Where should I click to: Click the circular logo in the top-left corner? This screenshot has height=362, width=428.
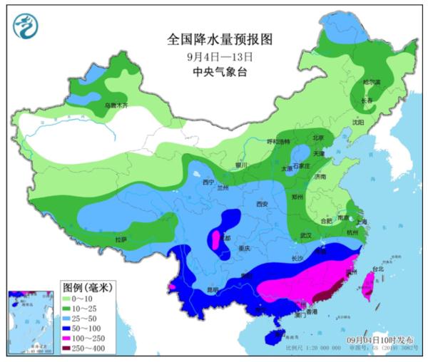(26, 27)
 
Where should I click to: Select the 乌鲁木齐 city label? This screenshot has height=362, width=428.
(116, 105)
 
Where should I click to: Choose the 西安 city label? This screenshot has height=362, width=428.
(261, 205)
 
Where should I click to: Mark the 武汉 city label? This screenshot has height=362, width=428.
(307, 234)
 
